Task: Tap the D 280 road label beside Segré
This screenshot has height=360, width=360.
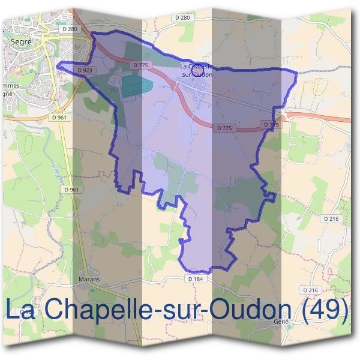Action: pyautogui.click(x=70, y=29)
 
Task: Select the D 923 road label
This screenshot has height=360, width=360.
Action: pyautogui.click(x=85, y=70)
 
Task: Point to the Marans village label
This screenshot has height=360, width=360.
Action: pyautogui.click(x=89, y=279)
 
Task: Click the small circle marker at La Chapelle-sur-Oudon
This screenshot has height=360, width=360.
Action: pyautogui.click(x=196, y=71)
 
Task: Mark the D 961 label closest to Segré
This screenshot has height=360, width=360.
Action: pyautogui.click(x=59, y=118)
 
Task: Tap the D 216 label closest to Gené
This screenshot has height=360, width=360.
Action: pyautogui.click(x=310, y=290)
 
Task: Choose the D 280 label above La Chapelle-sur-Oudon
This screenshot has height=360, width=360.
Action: pyautogui.click(x=184, y=18)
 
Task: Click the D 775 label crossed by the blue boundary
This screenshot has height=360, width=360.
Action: pyautogui.click(x=271, y=125)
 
